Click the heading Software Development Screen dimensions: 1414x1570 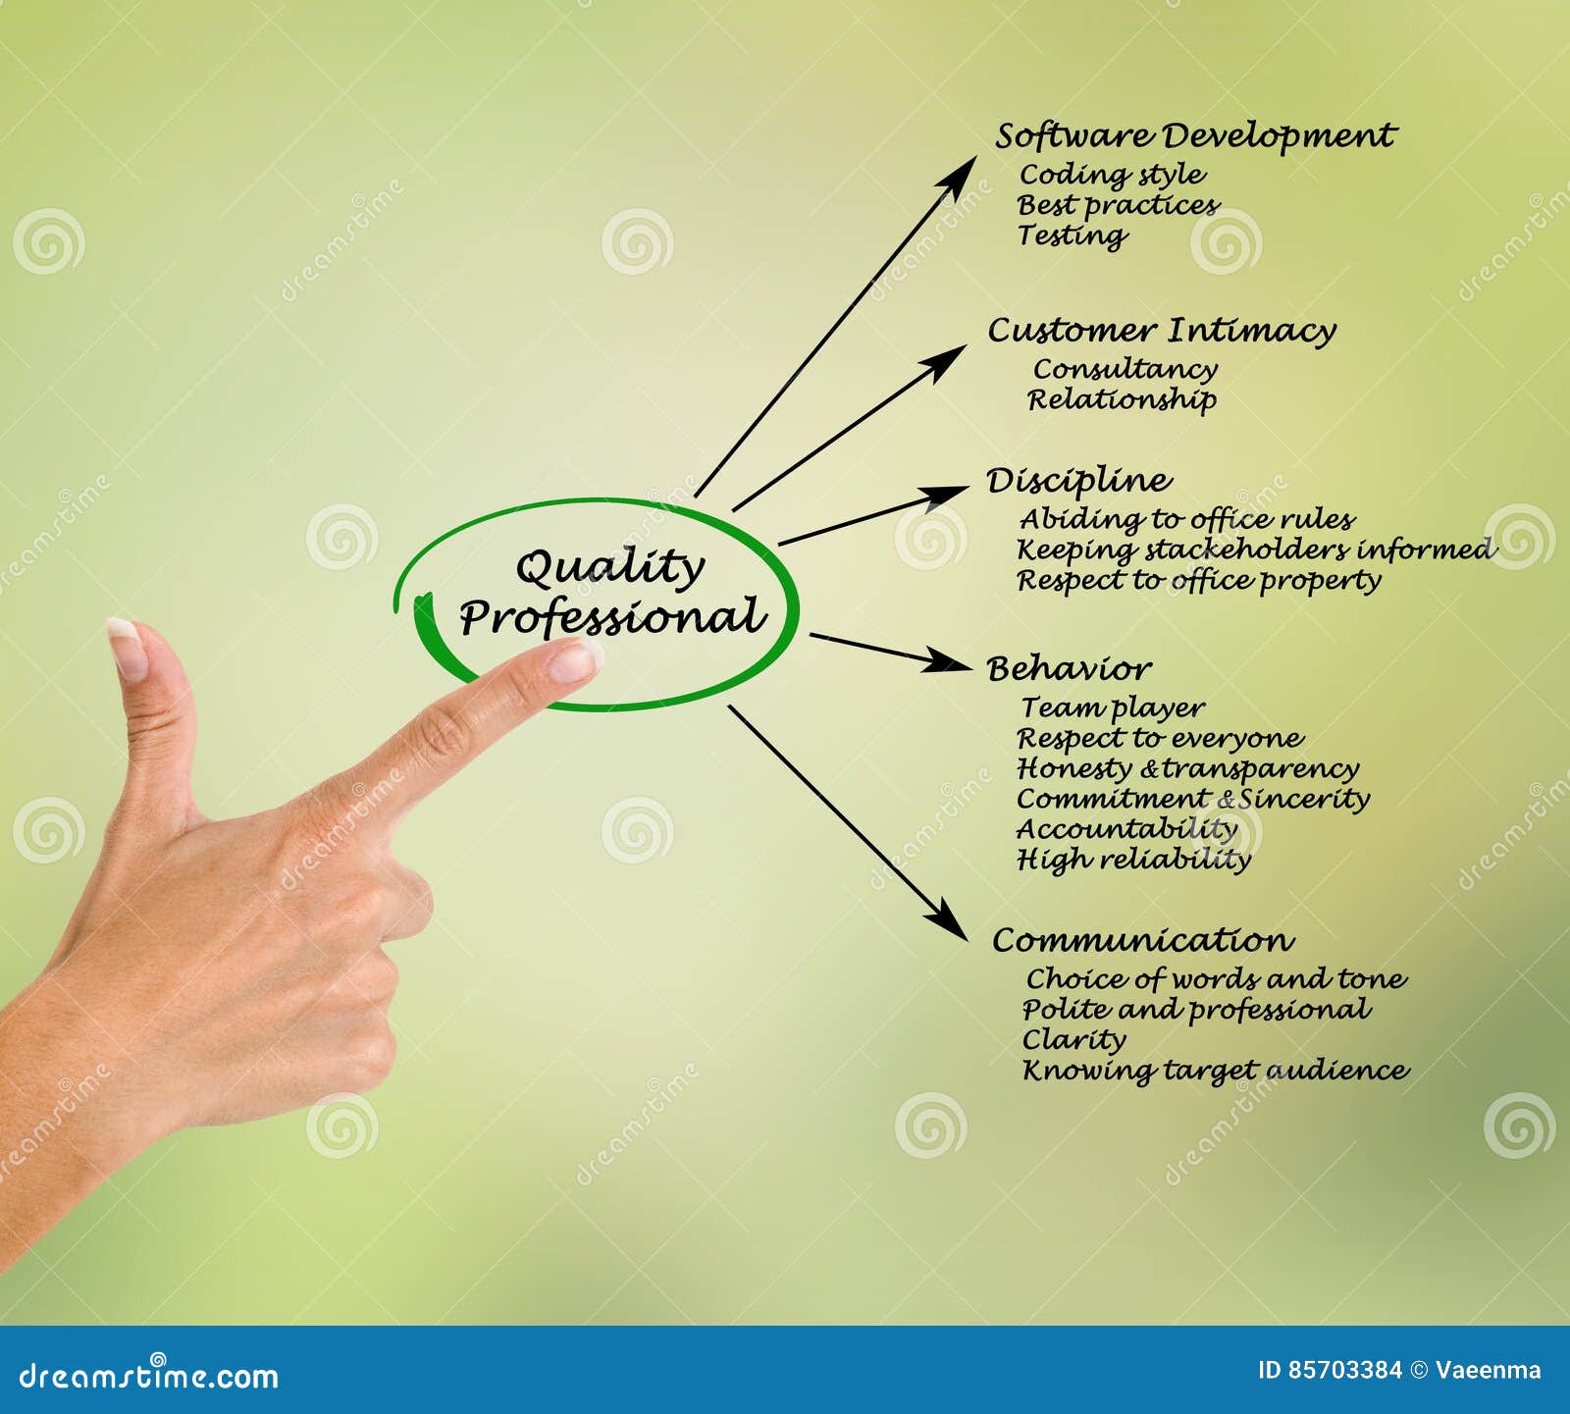(1195, 136)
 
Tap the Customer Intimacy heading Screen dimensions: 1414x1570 (1162, 331)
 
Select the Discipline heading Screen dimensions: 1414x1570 (1079, 481)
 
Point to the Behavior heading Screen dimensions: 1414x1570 (1069, 669)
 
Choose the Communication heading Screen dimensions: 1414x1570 (1143, 940)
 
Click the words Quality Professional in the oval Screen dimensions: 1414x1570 (610, 593)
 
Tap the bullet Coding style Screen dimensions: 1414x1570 (1112, 175)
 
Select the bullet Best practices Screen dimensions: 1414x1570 (1118, 205)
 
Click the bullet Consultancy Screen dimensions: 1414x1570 (1125, 369)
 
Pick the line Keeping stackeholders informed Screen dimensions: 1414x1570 (1256, 550)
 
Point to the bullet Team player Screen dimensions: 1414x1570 (1112, 707)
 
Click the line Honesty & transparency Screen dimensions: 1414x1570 (1187, 768)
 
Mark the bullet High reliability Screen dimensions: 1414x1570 (1133, 860)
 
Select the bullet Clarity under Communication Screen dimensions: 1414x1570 (1073, 1039)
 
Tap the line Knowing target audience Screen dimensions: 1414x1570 (1215, 1070)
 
